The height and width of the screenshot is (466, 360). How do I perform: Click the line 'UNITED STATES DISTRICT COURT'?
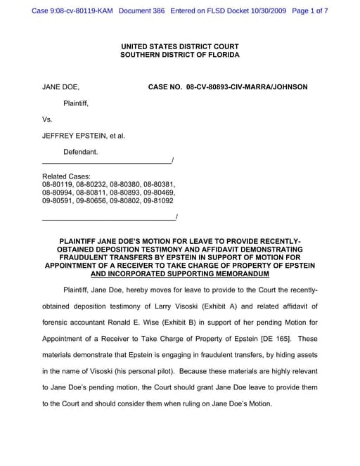(179, 46)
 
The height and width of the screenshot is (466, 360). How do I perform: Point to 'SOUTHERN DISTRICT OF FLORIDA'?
(179, 55)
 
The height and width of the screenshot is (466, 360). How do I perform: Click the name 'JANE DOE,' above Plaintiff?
(60, 87)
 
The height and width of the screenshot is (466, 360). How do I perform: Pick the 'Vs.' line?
(48, 119)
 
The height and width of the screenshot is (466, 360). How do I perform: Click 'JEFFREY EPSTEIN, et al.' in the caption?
(84, 136)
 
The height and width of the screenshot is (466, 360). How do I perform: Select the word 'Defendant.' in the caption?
(81, 152)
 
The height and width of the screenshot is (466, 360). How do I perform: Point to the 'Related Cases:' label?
(66, 176)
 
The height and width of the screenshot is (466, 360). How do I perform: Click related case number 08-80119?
(58, 184)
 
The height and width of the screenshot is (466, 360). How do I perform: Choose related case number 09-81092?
(160, 200)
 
